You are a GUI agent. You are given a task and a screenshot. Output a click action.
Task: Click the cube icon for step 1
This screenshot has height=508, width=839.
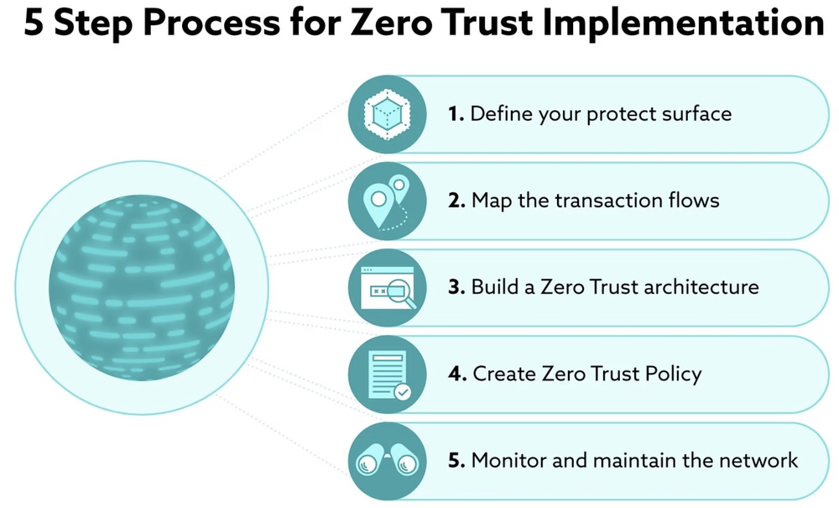[x=387, y=114]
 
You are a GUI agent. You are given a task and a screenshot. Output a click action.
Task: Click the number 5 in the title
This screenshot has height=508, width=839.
[x=34, y=24]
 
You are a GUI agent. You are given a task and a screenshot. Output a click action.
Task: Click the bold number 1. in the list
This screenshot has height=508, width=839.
[x=456, y=113]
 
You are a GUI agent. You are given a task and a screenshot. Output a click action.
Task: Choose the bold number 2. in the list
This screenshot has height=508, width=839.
[x=457, y=201]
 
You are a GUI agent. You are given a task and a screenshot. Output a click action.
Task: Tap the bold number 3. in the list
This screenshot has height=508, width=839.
[x=457, y=287]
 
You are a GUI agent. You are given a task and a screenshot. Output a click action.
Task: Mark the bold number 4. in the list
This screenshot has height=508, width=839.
[x=458, y=374]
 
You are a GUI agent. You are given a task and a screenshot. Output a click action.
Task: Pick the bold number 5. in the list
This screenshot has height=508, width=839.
[x=457, y=460]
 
